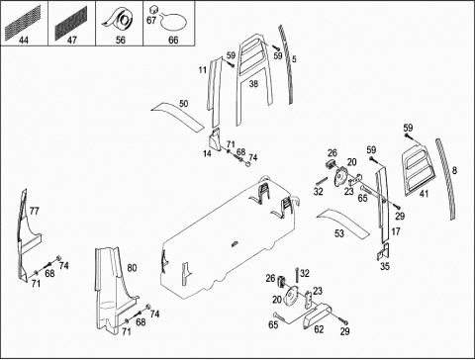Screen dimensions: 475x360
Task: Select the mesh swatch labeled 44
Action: tap(23, 21)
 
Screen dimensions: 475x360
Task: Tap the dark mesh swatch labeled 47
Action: tap(70, 21)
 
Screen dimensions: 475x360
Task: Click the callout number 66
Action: tap(173, 41)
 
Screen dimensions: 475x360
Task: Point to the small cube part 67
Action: tap(153, 9)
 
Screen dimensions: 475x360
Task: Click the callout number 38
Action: tap(253, 84)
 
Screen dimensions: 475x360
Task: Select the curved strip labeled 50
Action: tap(178, 116)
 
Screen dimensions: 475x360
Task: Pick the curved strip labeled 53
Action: tap(343, 223)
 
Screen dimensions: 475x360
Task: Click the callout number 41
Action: tap(424, 194)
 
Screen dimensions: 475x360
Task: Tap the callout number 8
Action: tap(454, 170)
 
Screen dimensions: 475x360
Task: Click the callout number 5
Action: tap(294, 59)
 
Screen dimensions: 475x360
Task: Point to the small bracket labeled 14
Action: tap(216, 139)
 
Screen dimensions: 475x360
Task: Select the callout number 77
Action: tap(34, 211)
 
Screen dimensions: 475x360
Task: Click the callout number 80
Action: tap(132, 268)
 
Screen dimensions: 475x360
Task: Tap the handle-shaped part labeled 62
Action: tap(316, 315)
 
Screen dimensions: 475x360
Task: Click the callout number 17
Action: tap(396, 231)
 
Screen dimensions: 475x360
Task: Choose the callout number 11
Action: tap(202, 70)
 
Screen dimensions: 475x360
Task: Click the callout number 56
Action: tap(121, 41)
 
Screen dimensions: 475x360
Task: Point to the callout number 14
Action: tap(207, 153)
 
